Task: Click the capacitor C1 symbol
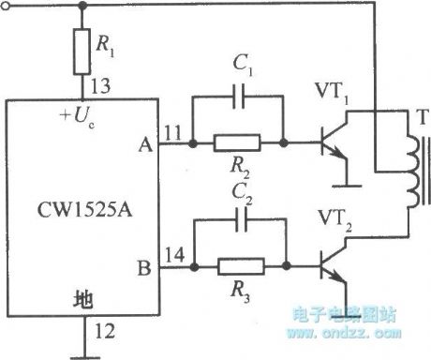coord(237,97)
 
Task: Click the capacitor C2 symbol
coord(238,222)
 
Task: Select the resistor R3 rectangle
coord(238,268)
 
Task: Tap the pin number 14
coord(172,256)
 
